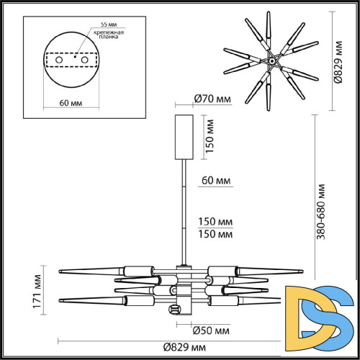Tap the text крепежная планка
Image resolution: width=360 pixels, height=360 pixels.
104,35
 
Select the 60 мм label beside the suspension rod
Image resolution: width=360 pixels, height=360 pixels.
216,179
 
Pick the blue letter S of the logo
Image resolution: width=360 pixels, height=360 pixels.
333,310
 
